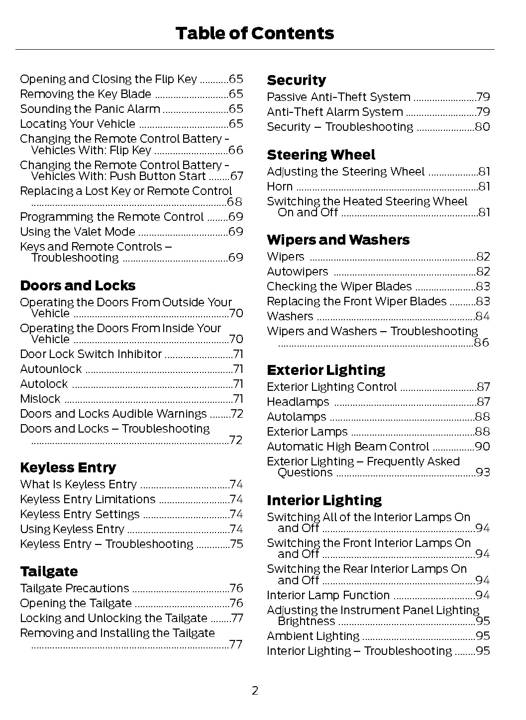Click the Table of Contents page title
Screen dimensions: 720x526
(x=254, y=33)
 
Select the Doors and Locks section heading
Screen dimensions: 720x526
(x=78, y=285)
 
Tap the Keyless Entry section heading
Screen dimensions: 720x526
(x=68, y=467)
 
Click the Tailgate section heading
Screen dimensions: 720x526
(x=49, y=571)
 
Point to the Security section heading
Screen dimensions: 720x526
(x=296, y=80)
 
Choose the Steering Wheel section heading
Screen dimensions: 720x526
(x=321, y=155)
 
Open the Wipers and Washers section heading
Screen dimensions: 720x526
(x=338, y=240)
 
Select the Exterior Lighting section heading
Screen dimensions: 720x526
(x=325, y=370)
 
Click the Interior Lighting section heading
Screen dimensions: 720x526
(x=324, y=500)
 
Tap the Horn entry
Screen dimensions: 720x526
(x=280, y=186)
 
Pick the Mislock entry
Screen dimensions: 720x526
(x=40, y=399)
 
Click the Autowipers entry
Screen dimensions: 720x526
(x=297, y=271)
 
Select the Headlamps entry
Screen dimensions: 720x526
(x=298, y=402)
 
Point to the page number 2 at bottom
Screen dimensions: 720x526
(x=255, y=691)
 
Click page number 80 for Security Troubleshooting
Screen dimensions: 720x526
(x=482, y=127)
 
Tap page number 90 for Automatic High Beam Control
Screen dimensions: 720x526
(x=482, y=447)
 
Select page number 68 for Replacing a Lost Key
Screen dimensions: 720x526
(x=234, y=202)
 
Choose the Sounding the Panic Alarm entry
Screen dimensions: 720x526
(x=90, y=109)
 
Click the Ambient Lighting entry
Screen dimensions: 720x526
(x=313, y=636)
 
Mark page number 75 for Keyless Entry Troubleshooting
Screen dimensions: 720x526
(x=236, y=544)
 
